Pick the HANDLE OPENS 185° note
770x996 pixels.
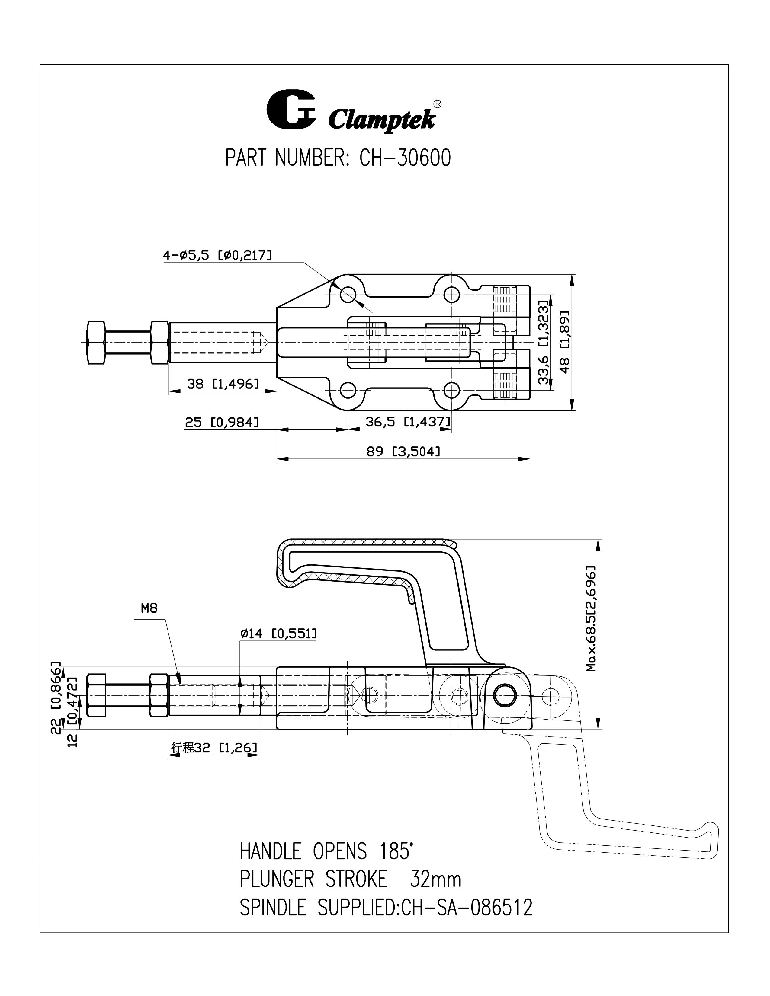click(x=327, y=851)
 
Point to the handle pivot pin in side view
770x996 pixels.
click(x=505, y=695)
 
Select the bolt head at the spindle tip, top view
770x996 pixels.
click(x=96, y=342)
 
